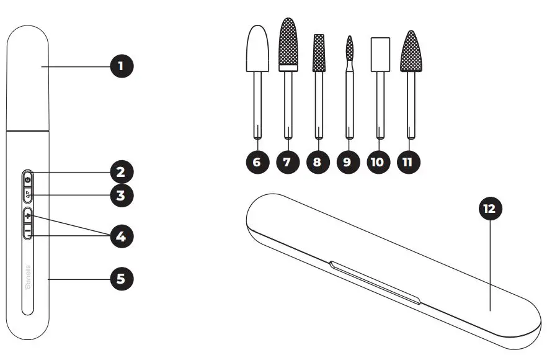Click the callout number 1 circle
122,66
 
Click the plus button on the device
28,217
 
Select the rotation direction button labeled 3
28,194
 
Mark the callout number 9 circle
347,163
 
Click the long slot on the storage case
375,283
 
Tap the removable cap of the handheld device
28,78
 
